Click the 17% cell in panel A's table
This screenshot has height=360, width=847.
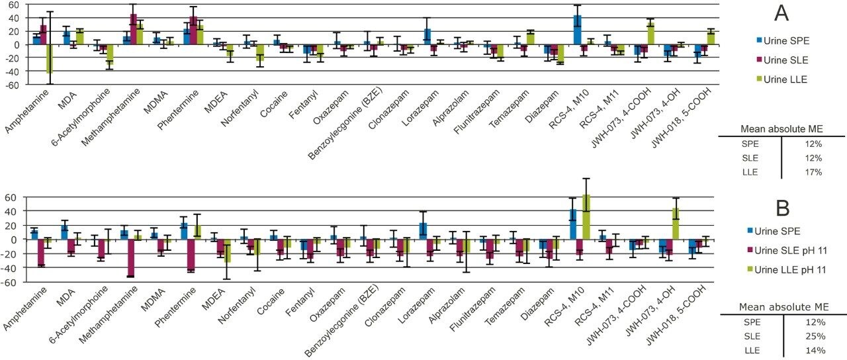(813, 171)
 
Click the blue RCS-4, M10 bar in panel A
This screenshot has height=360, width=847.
(577, 30)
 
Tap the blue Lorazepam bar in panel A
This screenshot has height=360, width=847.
(427, 36)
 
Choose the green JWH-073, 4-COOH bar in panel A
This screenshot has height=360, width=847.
(650, 33)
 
